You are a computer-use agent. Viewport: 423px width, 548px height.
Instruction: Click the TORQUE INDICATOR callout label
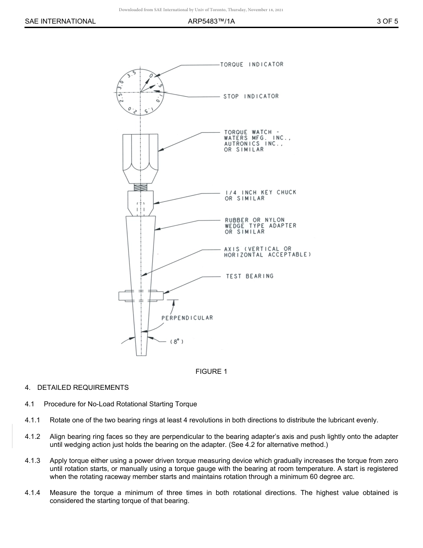pyautogui.click(x=254, y=64)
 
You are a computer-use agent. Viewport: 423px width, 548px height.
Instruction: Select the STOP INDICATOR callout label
pyautogui.click(x=251, y=96)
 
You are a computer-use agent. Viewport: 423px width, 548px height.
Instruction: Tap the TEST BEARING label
pyautogui.click(x=249, y=276)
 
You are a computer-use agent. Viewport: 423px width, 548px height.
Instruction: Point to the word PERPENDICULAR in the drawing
pyautogui.click(x=187, y=318)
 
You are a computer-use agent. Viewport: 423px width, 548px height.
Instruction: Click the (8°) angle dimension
pyautogui.click(x=177, y=341)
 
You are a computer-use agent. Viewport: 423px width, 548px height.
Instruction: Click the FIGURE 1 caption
pyautogui.click(x=211, y=372)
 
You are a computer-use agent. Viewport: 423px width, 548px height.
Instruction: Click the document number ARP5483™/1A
pyautogui.click(x=211, y=21)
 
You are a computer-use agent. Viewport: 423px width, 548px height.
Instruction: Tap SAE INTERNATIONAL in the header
pyautogui.click(x=60, y=21)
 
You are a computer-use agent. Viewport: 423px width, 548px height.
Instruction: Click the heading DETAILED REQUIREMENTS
pyautogui.click(x=83, y=388)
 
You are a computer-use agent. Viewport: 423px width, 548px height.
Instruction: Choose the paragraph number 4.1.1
pyautogui.click(x=33, y=420)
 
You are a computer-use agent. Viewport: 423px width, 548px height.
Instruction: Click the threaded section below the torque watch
pyautogui.click(x=141, y=188)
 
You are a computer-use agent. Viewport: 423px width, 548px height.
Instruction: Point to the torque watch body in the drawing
pyautogui.click(x=141, y=156)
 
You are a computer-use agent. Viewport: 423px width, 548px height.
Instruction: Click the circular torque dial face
pyautogui.click(x=141, y=92)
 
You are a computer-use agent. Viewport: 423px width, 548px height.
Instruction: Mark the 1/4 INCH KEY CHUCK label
pyautogui.click(x=260, y=195)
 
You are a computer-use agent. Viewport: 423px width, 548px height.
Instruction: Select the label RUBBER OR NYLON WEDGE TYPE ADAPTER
pyautogui.click(x=260, y=226)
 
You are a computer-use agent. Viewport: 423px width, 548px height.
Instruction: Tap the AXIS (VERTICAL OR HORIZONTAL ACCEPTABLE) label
pyautogui.click(x=267, y=252)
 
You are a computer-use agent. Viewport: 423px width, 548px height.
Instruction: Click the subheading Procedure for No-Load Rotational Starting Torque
pyautogui.click(x=120, y=404)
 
